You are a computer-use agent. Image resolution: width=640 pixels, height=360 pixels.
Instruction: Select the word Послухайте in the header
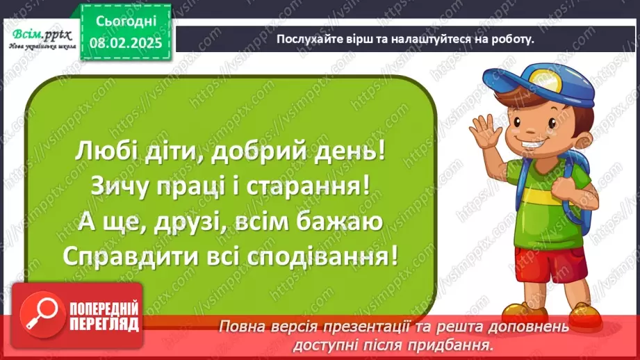pyautogui.click(x=307, y=40)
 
